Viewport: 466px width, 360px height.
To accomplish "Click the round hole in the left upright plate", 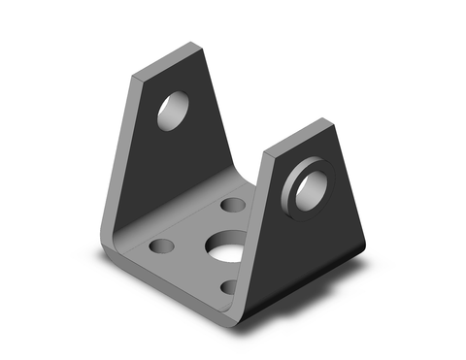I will pos(175,110).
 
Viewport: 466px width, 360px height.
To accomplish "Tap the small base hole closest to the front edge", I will pos(227,288).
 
